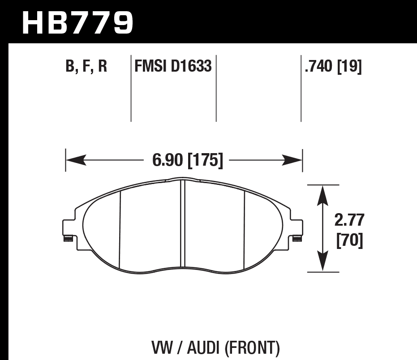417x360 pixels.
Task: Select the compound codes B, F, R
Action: pyautogui.click(x=86, y=67)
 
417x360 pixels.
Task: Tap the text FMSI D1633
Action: pyautogui.click(x=173, y=67)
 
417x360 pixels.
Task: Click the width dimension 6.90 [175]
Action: pyautogui.click(x=187, y=160)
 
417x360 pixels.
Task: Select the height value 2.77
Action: pyautogui.click(x=349, y=221)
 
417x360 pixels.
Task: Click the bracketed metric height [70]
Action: pyautogui.click(x=349, y=241)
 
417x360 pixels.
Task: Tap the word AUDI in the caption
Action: pyautogui.click(x=201, y=347)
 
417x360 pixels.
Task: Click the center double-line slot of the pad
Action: pyautogui.click(x=182, y=224)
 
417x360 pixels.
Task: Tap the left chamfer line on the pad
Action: pyautogui.click(x=120, y=228)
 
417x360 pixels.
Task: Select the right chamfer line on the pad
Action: pyautogui.click(x=245, y=228)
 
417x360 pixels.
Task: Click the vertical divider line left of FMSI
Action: pyautogui.click(x=131, y=90)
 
